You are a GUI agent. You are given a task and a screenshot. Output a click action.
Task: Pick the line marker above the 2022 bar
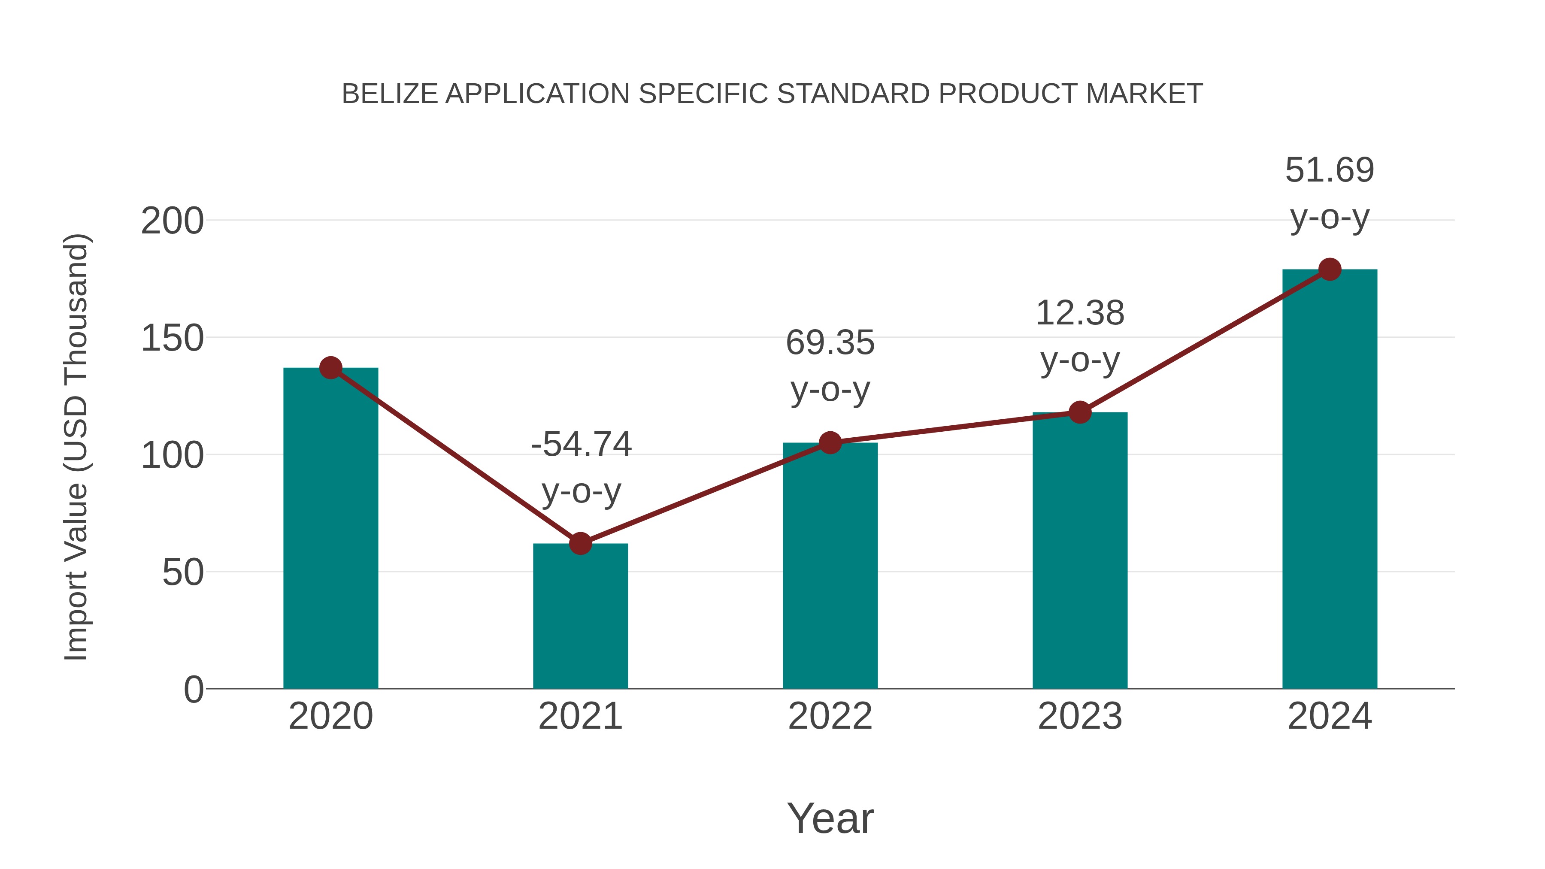pyautogui.click(x=830, y=442)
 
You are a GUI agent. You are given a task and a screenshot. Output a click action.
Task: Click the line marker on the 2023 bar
pyautogui.click(x=1080, y=412)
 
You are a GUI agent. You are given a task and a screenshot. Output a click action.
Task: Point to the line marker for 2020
pyautogui.click(x=331, y=368)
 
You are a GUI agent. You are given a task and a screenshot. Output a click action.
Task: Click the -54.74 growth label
pyautogui.click(x=581, y=445)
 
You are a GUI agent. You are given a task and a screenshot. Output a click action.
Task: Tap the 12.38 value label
pyautogui.click(x=1080, y=313)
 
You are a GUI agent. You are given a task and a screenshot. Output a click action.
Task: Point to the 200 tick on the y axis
pyautogui.click(x=172, y=221)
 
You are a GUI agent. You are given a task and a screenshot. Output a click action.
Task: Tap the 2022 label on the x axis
pyautogui.click(x=830, y=716)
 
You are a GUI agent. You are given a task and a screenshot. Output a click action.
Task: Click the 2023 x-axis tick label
pyautogui.click(x=1080, y=716)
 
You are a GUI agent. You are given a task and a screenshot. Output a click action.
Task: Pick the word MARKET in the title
pyautogui.click(x=1144, y=94)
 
